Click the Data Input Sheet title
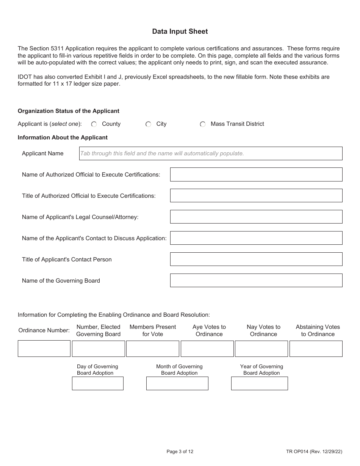(x=180, y=31)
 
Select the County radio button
(x=94, y=124)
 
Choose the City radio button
(x=149, y=124)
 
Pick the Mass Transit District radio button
(x=203, y=124)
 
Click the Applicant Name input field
(x=210, y=153)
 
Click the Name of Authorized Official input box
(x=256, y=175)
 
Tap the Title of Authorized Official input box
(x=256, y=196)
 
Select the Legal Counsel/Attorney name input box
(x=256, y=217)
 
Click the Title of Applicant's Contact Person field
(x=256, y=260)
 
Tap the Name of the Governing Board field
(x=256, y=281)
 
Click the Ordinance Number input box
(x=44, y=349)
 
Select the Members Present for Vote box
(x=152, y=349)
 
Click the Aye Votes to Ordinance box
(x=207, y=349)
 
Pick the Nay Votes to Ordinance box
(x=261, y=349)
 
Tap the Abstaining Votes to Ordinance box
(x=316, y=349)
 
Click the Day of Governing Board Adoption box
(x=98, y=383)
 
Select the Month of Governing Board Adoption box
(x=177, y=383)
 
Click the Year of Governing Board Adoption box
(x=259, y=383)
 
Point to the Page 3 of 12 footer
(x=180, y=451)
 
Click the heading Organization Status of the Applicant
(x=69, y=111)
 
